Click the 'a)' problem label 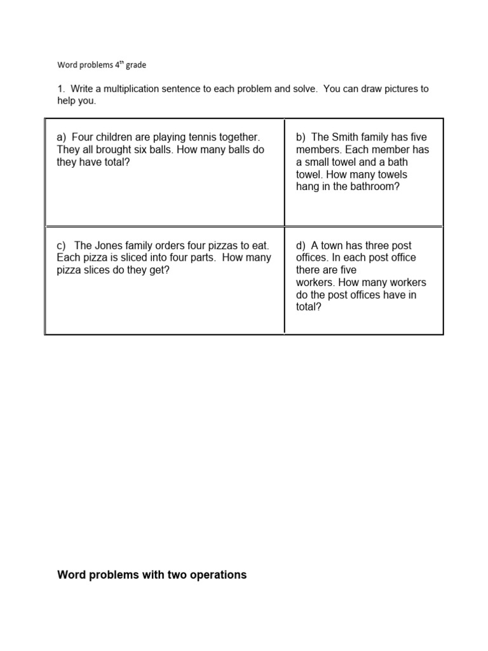pyautogui.click(x=62, y=137)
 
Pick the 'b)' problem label pyautogui.click(x=301, y=137)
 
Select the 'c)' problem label pyautogui.click(x=62, y=245)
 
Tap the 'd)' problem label pyautogui.click(x=301, y=245)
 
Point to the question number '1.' pyautogui.click(x=61, y=89)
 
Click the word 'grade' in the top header pyautogui.click(x=135, y=65)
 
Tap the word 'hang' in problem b pyautogui.click(x=308, y=187)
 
